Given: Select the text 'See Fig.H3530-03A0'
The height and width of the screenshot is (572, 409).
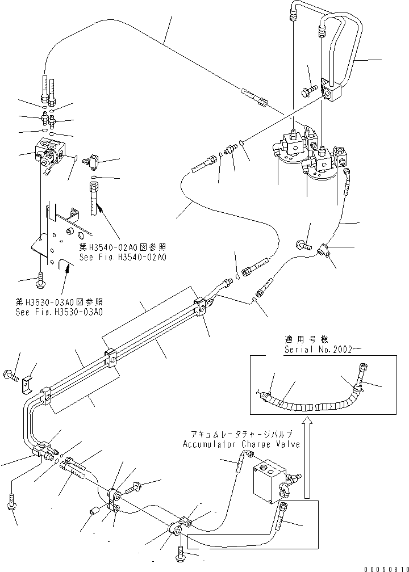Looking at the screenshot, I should coord(60,312).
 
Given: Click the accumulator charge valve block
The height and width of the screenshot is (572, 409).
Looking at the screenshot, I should coord(269,481).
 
